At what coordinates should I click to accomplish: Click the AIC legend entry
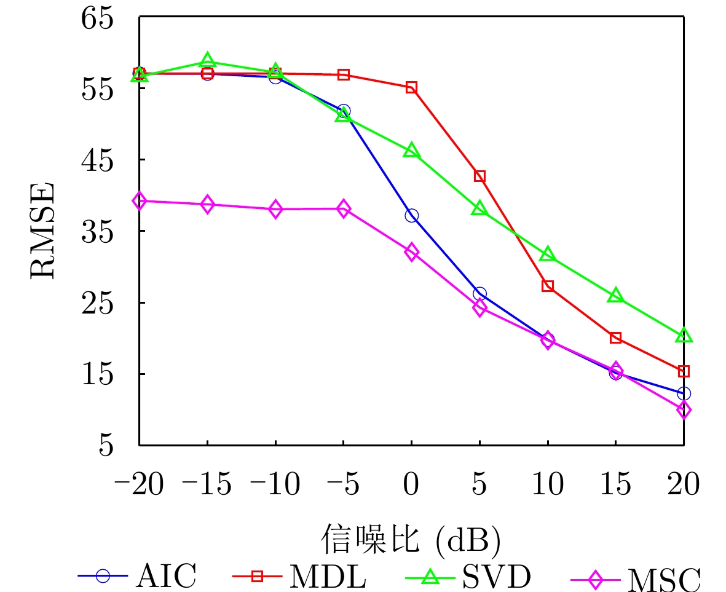coord(138,576)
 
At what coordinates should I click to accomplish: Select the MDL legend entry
coord(299,576)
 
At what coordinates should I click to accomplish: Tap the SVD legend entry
coord(468,576)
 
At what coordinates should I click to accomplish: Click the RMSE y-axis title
coord(42,231)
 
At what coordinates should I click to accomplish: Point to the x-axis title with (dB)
coord(410,539)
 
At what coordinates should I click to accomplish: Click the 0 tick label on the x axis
coord(411,485)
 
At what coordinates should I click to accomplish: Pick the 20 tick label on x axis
coord(683,485)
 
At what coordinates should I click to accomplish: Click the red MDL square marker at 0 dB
coord(411,87)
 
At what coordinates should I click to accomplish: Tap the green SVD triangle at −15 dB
coord(207,60)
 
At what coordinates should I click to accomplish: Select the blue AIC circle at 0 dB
coord(411,215)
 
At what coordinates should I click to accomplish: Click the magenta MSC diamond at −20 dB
coord(140,200)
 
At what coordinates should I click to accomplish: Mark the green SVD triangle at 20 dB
coord(684,336)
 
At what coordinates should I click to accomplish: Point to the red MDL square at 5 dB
coord(479,176)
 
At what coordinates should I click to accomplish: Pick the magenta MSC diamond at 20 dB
coord(684,409)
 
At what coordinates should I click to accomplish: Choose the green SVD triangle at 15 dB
coord(615,296)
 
